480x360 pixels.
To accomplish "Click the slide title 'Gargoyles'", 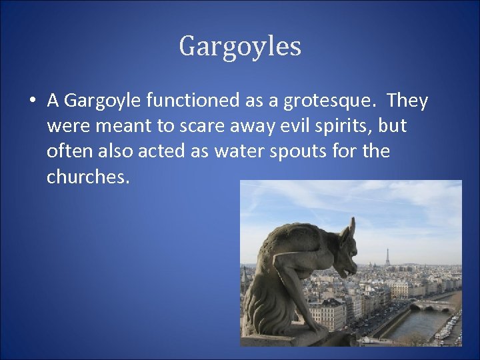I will click(x=240, y=47).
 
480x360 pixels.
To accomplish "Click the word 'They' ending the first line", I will click(x=407, y=101).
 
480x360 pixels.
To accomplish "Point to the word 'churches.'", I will click(x=87, y=177).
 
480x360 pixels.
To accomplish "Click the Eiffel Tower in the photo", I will click(x=387, y=257).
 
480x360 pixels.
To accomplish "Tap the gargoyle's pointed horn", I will click(x=352, y=227).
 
